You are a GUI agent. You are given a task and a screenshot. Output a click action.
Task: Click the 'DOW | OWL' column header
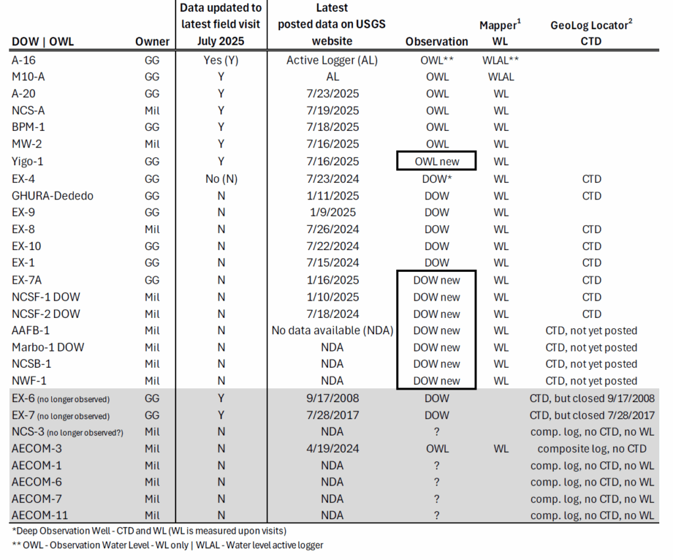click(43, 41)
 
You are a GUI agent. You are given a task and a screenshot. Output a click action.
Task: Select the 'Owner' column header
click(152, 41)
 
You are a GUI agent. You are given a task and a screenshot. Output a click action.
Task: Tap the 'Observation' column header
click(436, 41)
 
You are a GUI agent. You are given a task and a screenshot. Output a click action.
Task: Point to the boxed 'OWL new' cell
click(436, 161)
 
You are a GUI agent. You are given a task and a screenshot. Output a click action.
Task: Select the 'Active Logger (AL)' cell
click(332, 60)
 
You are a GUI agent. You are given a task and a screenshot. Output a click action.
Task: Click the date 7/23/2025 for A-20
click(332, 93)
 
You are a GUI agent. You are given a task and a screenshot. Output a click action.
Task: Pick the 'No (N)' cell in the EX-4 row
click(221, 178)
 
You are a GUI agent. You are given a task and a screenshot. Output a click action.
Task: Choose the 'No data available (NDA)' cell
click(332, 330)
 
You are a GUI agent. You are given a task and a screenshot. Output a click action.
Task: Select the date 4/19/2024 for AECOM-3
click(332, 449)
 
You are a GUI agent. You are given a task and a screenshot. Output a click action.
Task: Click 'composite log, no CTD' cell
click(592, 449)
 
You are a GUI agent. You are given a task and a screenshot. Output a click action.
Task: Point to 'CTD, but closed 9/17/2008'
click(592, 398)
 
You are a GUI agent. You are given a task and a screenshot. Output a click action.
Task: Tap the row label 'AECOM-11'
click(39, 515)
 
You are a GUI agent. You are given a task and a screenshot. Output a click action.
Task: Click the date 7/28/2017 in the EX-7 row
click(332, 415)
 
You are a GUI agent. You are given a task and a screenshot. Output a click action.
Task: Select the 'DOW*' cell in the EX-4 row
click(436, 178)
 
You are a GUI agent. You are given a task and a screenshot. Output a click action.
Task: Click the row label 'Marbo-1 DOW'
click(48, 347)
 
